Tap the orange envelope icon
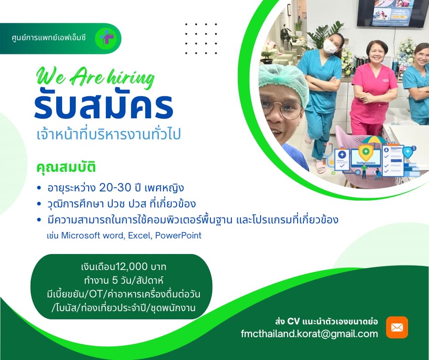coord(397,327)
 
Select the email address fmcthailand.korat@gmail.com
coord(309,334)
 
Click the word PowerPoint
coord(178,236)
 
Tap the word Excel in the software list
coord(140,236)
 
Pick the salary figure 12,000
coord(132,267)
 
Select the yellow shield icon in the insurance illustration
coord(366,153)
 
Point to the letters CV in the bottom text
coord(293,321)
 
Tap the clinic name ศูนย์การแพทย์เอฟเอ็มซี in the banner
coord(49,37)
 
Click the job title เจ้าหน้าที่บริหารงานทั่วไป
coord(109,134)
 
